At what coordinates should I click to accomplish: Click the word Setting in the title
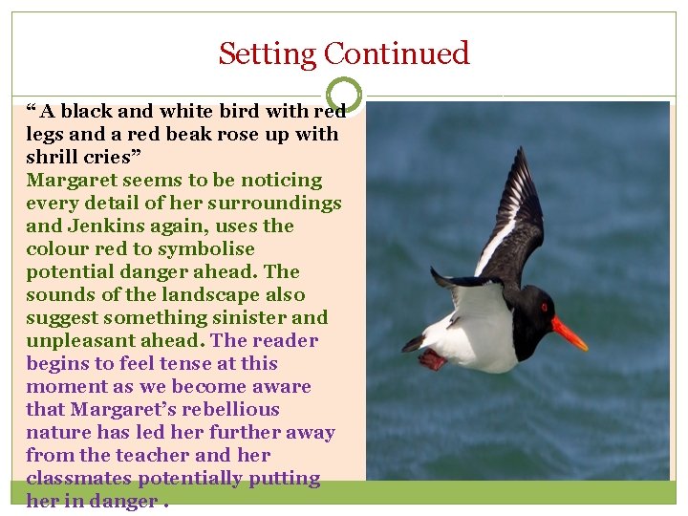[268, 53]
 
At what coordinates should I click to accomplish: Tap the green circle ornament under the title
[344, 95]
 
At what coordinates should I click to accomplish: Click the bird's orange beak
[570, 333]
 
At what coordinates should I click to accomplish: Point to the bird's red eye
[544, 308]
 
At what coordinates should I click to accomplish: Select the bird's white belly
[478, 339]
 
